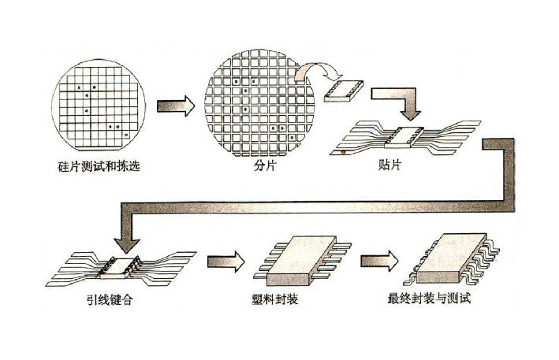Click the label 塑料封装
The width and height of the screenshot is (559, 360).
(x=278, y=299)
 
